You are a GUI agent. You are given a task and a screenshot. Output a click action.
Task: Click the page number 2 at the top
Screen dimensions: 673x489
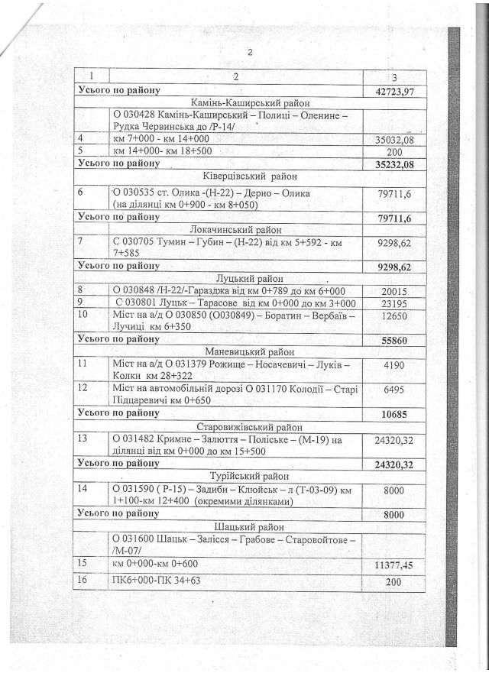249,52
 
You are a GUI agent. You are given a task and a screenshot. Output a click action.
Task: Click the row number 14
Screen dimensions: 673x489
84,488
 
